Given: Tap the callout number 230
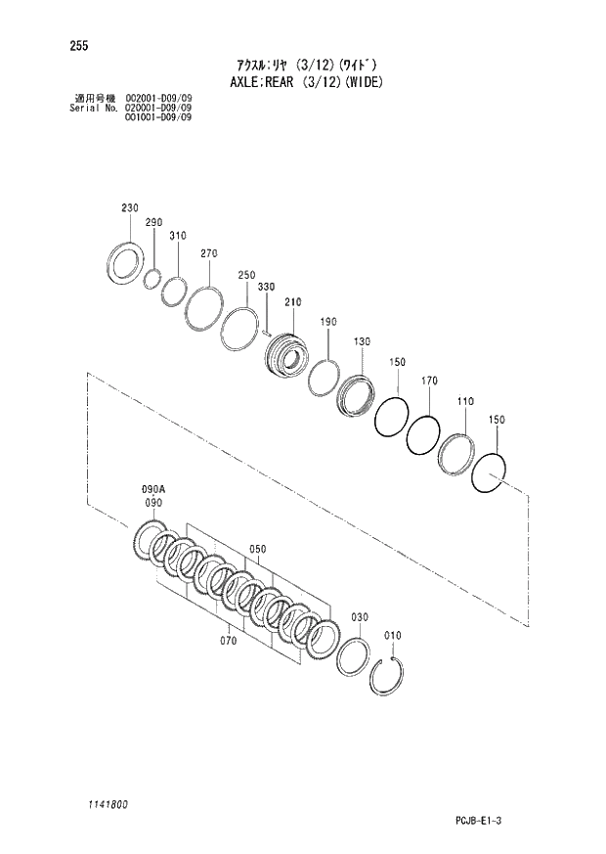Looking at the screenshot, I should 131,208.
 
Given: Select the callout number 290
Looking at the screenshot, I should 153,223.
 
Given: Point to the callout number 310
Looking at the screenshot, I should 177,236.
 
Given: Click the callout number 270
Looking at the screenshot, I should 208,253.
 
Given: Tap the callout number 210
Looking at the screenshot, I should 292,302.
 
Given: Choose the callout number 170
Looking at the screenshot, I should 429,381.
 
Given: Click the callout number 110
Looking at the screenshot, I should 464,401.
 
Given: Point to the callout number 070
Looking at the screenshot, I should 229,642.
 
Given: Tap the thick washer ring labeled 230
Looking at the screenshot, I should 125,264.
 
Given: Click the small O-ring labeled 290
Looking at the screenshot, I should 151,280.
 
